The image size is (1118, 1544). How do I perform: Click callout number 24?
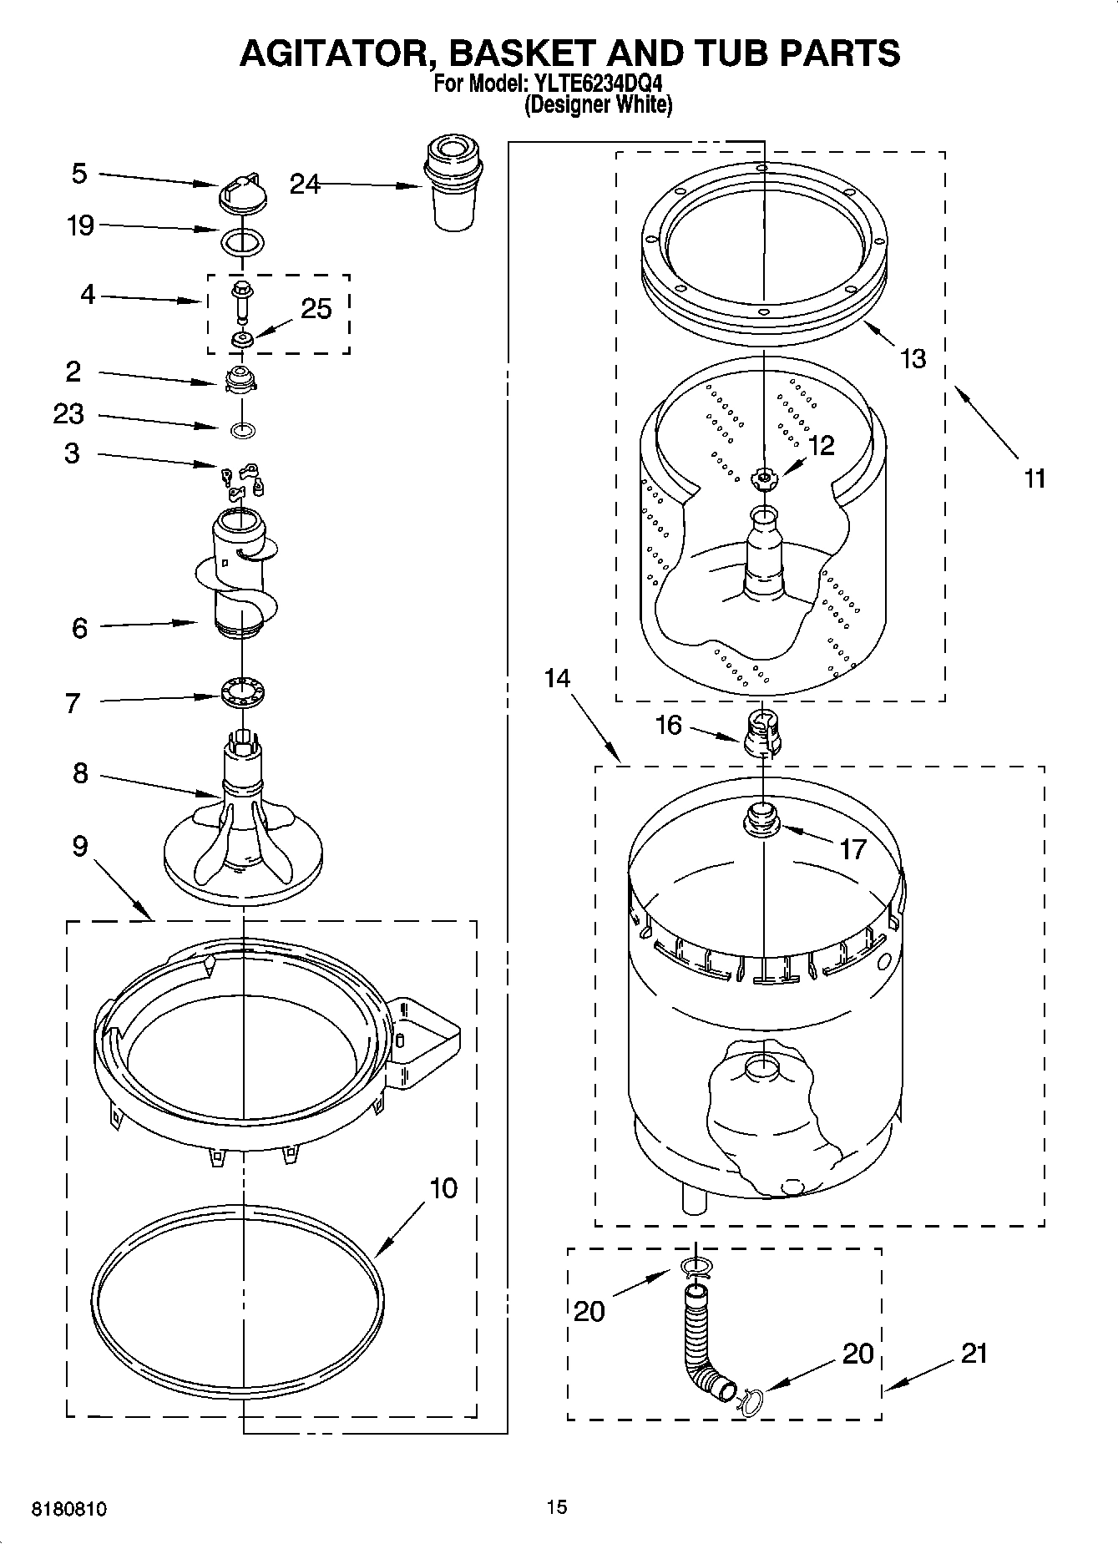click(x=305, y=184)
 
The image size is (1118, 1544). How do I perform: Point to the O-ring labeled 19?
click(x=243, y=243)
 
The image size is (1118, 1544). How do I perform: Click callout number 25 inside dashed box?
click(x=316, y=309)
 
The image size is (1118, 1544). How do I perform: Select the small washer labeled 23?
click(x=242, y=431)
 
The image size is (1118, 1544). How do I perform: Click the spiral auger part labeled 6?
click(x=239, y=576)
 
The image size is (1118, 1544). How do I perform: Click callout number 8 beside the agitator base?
click(x=80, y=774)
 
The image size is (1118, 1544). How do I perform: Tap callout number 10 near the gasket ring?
click(x=443, y=1187)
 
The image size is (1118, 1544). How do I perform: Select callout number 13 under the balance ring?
click(x=913, y=359)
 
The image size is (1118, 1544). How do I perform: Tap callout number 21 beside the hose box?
click(x=974, y=1352)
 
